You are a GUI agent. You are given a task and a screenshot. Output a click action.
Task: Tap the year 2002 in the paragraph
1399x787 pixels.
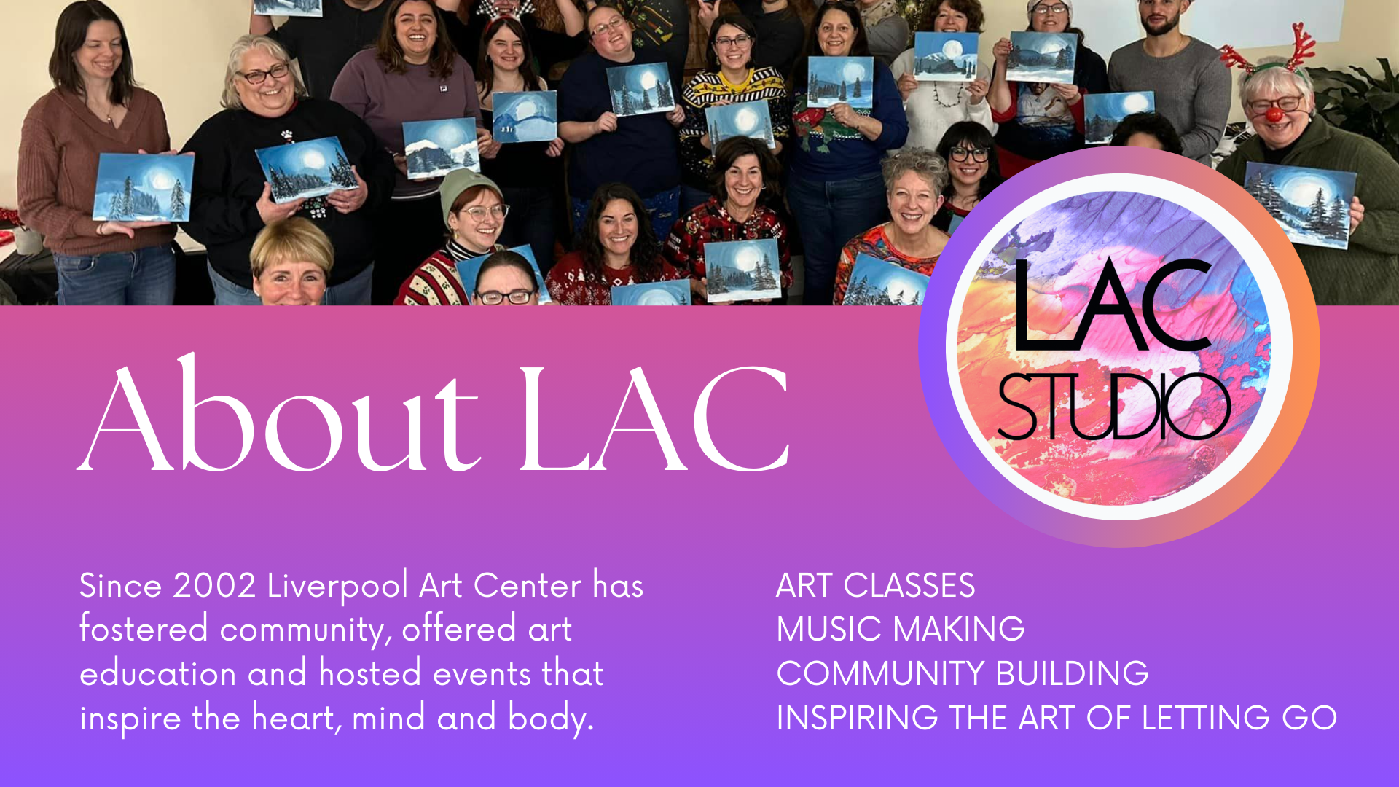(214, 586)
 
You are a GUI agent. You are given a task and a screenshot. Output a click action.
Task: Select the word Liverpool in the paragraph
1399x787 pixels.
(337, 586)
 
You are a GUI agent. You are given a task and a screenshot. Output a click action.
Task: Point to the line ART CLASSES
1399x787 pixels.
(875, 586)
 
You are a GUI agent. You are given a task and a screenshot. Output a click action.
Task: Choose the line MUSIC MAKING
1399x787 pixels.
(900, 630)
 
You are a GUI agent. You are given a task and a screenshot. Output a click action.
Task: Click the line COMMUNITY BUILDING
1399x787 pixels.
(962, 674)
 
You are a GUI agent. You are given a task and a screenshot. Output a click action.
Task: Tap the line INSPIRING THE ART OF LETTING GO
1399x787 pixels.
(1056, 719)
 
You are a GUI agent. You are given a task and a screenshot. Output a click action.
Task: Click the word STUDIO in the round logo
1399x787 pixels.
(1113, 407)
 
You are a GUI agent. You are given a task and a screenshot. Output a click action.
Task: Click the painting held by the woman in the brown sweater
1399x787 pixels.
(144, 187)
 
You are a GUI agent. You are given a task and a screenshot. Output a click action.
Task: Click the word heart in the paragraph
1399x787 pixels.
(293, 719)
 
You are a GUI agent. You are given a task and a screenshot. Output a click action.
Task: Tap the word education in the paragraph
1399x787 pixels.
(157, 674)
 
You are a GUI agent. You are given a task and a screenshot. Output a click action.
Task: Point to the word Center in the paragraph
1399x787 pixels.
(527, 586)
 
